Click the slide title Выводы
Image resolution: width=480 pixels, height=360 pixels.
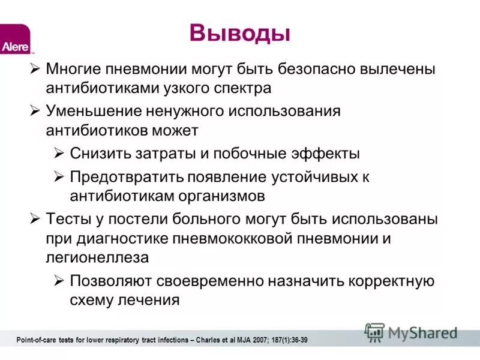(x=240, y=33)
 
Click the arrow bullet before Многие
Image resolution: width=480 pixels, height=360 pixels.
(x=35, y=68)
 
